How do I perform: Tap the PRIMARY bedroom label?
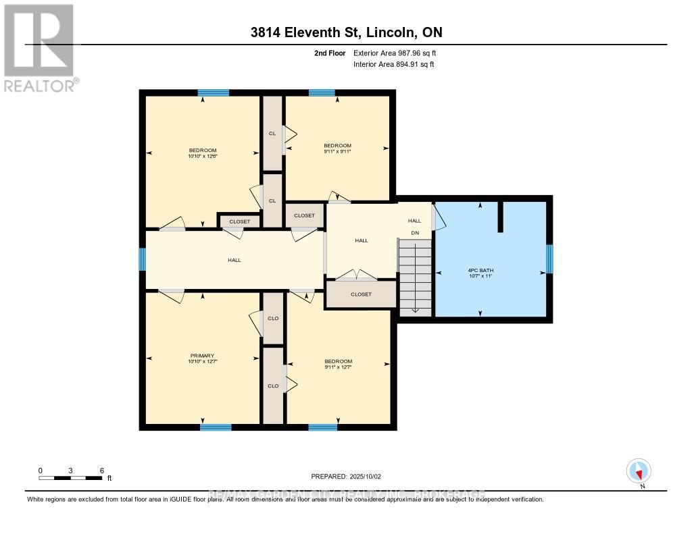(x=202, y=358)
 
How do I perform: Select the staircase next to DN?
(x=415, y=280)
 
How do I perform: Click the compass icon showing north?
(x=639, y=471)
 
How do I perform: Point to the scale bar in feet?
(x=70, y=478)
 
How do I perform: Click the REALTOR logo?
(x=39, y=48)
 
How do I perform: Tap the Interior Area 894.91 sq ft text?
(x=393, y=64)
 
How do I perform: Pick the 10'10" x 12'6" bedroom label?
(x=202, y=153)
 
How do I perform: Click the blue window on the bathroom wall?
(x=549, y=259)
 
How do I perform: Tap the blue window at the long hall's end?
(x=143, y=259)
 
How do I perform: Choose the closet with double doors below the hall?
(x=360, y=294)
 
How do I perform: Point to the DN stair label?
(x=416, y=234)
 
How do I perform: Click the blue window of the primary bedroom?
(x=216, y=427)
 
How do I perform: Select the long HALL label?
(x=234, y=260)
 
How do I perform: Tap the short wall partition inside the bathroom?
(x=501, y=216)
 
